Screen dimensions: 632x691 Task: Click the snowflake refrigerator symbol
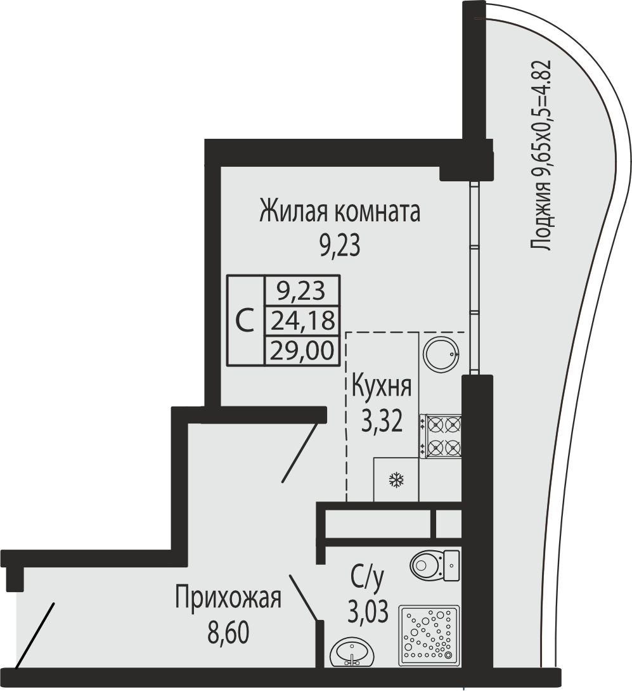[396, 480]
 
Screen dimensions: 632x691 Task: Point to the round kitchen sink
[442, 352]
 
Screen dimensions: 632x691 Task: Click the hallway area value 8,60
[228, 632]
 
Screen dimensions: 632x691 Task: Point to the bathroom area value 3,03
[368, 612]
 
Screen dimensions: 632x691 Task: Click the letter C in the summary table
[245, 320]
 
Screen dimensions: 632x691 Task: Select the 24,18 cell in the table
[302, 320]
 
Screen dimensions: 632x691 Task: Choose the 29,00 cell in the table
[302, 351]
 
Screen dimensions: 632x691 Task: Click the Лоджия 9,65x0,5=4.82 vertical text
[541, 155]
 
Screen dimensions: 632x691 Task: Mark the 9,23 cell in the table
[302, 290]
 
